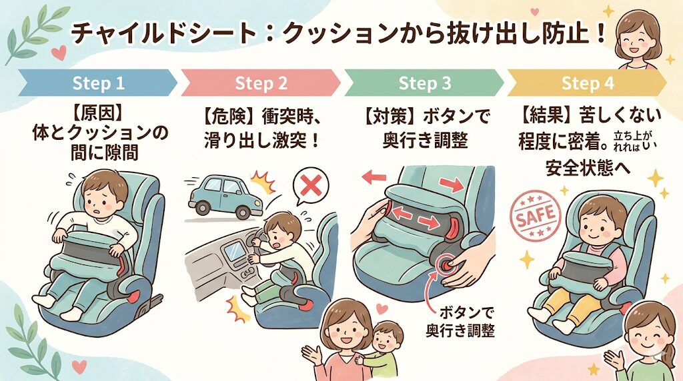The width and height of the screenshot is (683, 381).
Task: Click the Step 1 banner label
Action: point(98,84)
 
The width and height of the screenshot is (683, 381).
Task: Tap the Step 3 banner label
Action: point(425,84)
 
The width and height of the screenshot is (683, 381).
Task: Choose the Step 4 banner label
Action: point(588,84)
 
